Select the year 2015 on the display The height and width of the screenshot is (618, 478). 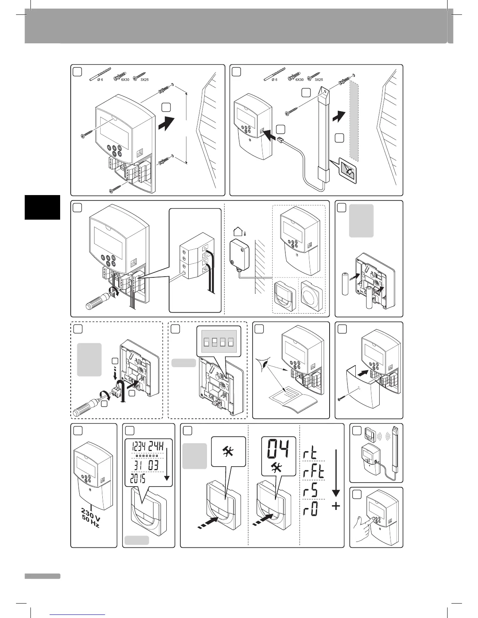[x=137, y=479]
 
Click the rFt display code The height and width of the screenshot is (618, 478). [x=313, y=473]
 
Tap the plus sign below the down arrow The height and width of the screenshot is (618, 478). [x=335, y=506]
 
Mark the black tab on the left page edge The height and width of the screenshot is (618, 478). [x=42, y=207]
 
